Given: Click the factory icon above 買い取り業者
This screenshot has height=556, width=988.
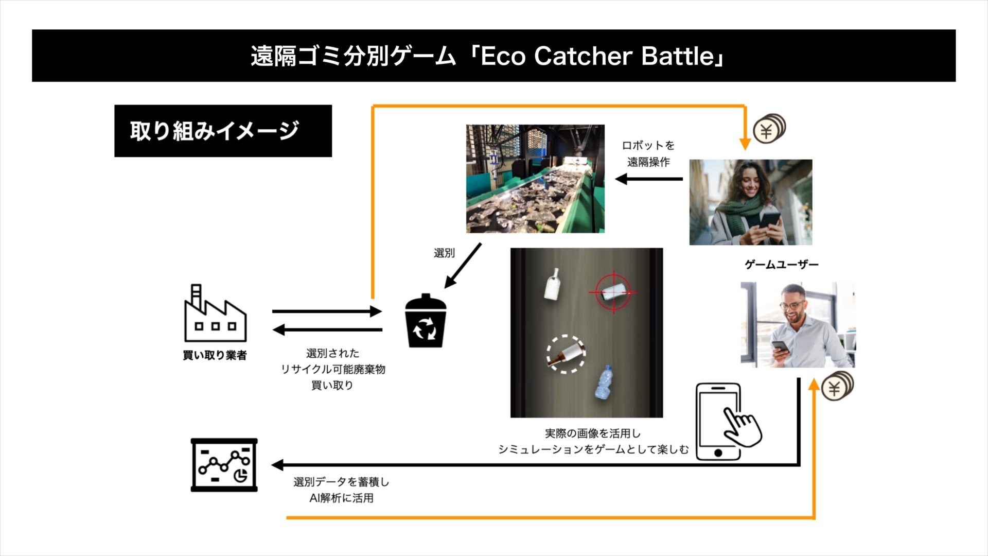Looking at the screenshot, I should click(215, 314).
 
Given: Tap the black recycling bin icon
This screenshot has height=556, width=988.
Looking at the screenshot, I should click(426, 322).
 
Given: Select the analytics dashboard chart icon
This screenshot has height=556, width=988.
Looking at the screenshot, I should click(224, 465).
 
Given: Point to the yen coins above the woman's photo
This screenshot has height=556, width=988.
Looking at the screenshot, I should click(769, 129).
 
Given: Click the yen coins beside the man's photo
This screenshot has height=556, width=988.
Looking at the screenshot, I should click(837, 386).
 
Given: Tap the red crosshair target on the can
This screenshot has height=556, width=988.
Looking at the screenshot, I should click(613, 292).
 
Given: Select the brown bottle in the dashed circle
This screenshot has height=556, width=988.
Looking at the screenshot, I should click(566, 355).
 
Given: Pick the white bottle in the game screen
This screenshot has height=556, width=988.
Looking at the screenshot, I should click(553, 284).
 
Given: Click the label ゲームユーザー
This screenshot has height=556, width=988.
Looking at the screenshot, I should click(781, 265).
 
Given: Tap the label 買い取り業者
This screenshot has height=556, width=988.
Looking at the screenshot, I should click(215, 355).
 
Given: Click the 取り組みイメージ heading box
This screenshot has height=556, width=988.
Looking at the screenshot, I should click(223, 131).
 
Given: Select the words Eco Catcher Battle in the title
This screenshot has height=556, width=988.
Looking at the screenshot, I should click(597, 56).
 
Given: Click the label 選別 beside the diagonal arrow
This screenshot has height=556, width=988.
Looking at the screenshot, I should click(444, 253).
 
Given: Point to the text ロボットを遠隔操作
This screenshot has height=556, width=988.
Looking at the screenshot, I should click(648, 153).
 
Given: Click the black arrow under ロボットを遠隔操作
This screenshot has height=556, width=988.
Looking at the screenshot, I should click(649, 179).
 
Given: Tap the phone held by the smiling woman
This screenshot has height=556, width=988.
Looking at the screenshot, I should click(769, 221).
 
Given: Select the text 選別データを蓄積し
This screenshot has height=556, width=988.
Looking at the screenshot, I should click(341, 482).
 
